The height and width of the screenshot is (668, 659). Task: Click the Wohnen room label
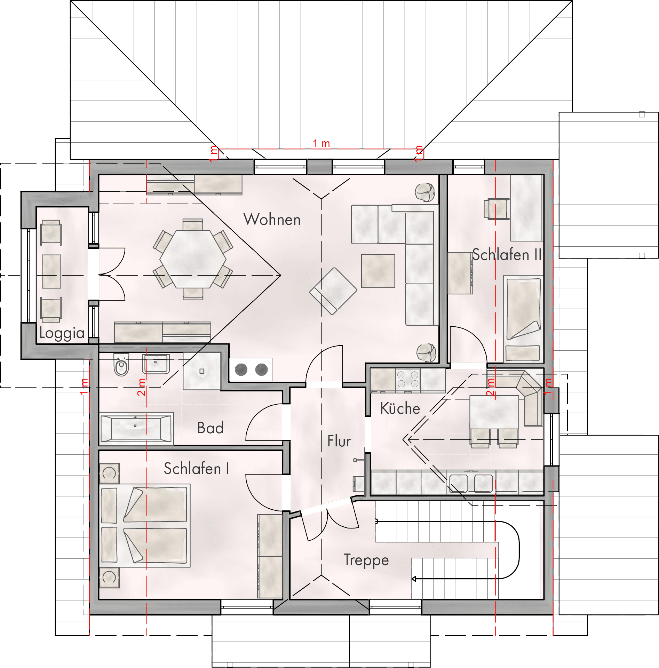click(272, 220)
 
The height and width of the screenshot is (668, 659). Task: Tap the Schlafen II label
click(507, 255)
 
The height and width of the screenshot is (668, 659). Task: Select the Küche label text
click(400, 408)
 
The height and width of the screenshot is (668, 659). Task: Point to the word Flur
click(339, 441)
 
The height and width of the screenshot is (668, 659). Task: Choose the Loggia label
click(62, 333)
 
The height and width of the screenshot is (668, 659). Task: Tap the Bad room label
click(210, 428)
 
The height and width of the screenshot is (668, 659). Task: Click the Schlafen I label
click(197, 468)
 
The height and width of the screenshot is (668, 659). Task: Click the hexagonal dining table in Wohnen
click(193, 259)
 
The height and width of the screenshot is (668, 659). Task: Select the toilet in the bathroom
click(121, 365)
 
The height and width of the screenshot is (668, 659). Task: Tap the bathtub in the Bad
click(136, 429)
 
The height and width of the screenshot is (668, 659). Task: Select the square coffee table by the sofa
click(378, 271)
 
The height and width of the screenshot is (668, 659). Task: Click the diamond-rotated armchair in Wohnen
click(333, 291)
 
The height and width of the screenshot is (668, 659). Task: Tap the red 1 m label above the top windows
click(321, 143)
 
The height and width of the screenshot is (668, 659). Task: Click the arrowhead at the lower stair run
click(414, 579)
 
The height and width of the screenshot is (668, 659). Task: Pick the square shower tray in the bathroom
click(202, 371)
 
